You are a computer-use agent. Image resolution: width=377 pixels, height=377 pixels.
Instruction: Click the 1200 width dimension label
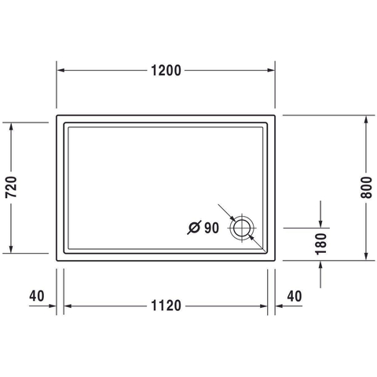click(166, 71)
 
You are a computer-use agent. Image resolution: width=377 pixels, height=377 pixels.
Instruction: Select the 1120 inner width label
click(166, 306)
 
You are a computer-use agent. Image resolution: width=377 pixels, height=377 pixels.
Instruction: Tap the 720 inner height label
click(11, 187)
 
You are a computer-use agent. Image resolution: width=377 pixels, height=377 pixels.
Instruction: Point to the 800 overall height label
click(366, 188)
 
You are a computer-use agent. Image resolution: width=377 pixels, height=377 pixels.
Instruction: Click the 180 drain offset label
click(321, 244)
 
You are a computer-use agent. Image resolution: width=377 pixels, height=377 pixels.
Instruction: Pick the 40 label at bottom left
click(37, 296)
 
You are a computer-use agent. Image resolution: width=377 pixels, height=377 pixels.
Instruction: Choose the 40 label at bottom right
click(295, 296)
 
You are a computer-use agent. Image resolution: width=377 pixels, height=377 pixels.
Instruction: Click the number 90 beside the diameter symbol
click(211, 228)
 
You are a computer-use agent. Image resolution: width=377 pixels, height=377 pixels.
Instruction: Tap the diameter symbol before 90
click(194, 228)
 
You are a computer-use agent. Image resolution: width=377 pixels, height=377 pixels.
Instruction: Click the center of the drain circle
click(242, 228)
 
